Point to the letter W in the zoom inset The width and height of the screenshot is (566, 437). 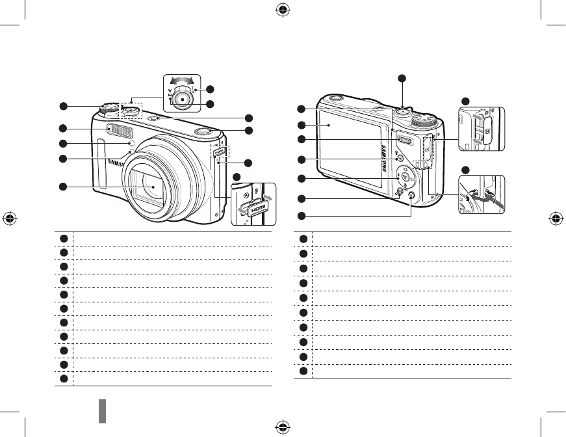coord(170,91)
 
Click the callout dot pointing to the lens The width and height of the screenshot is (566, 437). coord(63,187)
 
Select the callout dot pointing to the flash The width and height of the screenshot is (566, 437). coord(63,128)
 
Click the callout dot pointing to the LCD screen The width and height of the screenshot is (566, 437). coord(302,124)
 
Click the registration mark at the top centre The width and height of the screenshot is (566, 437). coord(283,10)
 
